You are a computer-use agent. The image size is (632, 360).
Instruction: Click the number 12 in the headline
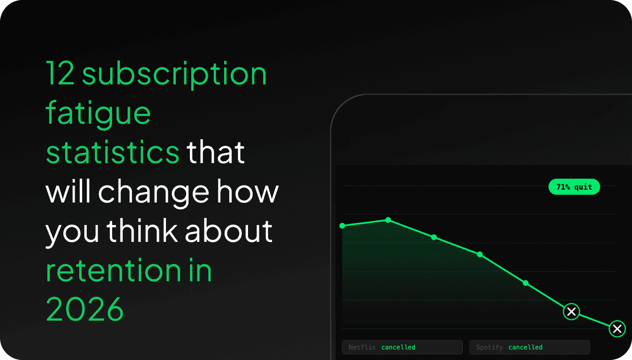(x=60, y=74)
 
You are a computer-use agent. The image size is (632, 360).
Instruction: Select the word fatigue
(x=98, y=113)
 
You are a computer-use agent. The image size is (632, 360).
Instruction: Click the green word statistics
(x=113, y=152)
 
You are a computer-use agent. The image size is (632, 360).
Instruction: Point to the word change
(x=153, y=192)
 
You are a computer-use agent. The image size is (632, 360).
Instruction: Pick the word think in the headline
(x=143, y=231)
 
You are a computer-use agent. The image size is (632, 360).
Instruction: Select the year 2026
(x=85, y=309)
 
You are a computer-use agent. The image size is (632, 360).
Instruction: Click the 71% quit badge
(x=574, y=187)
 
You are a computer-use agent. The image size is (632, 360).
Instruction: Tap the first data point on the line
(x=342, y=226)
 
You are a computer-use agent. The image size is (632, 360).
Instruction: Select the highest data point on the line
(x=388, y=220)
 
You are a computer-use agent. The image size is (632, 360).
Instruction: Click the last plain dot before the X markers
(x=526, y=283)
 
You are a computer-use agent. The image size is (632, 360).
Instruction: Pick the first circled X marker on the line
(x=572, y=311)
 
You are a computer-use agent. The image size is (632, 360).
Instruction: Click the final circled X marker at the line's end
(x=617, y=329)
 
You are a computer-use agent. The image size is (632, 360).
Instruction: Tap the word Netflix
(x=362, y=347)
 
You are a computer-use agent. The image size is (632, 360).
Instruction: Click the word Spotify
(x=489, y=347)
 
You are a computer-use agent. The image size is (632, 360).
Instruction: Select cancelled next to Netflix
(x=398, y=347)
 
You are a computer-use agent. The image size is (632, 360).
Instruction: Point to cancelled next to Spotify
(x=525, y=347)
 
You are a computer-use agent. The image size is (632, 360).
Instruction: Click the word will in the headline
(x=69, y=192)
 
